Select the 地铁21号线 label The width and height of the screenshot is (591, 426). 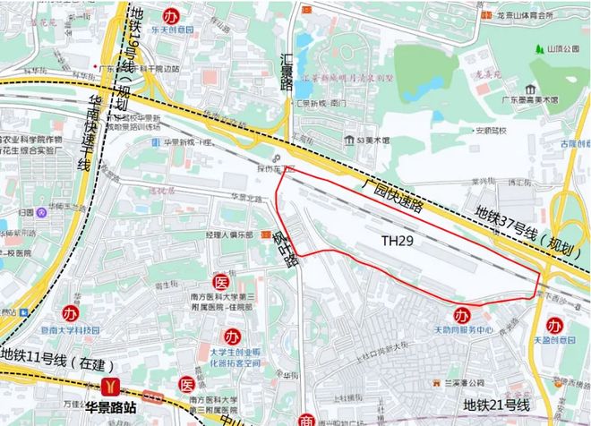pos(498,406)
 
